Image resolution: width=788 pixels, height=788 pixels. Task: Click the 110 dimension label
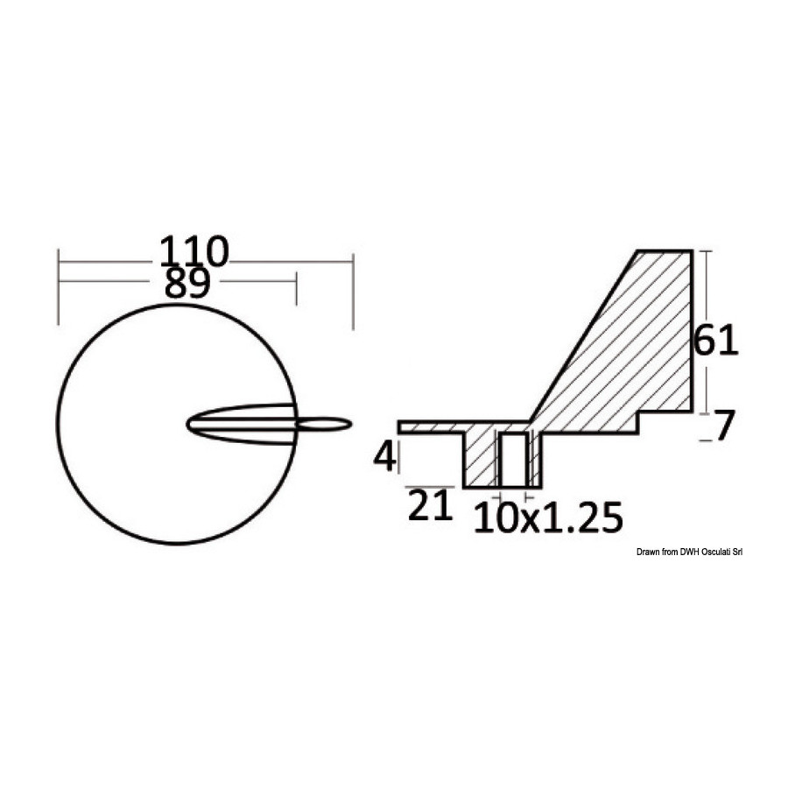pos(194,252)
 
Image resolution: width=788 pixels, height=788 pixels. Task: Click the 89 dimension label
pos(187,284)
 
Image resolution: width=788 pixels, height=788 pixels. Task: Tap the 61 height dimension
pos(715,341)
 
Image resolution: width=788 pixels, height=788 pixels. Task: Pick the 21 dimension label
pos(430,505)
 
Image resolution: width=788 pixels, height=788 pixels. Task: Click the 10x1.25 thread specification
pos(548,517)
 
